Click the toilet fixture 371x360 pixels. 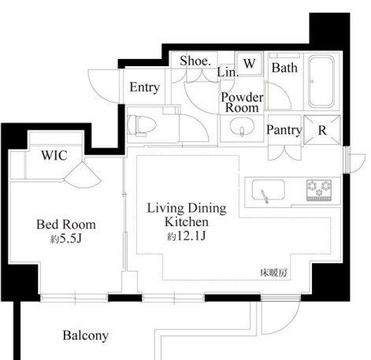[x=141, y=125]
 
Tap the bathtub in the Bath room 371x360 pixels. [x=321, y=81]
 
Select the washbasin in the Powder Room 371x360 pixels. [x=242, y=127]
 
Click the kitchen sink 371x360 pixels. [x=269, y=190]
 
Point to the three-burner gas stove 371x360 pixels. [x=319, y=190]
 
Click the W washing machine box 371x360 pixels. [x=249, y=64]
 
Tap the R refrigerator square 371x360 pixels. [x=322, y=130]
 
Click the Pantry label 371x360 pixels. [x=284, y=130]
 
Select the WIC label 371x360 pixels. [x=54, y=155]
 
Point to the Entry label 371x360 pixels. [x=145, y=87]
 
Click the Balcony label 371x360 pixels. [x=86, y=336]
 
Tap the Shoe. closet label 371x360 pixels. [x=195, y=61]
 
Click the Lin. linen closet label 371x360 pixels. [x=228, y=72]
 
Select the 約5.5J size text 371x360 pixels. [x=66, y=239]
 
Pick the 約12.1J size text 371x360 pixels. [x=187, y=236]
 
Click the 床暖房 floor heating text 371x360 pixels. [x=273, y=273]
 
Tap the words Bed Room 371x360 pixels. [x=66, y=225]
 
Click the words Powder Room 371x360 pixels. [x=242, y=102]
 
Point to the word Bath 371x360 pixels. [x=284, y=68]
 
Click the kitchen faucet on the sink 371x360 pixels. [x=265, y=196]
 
